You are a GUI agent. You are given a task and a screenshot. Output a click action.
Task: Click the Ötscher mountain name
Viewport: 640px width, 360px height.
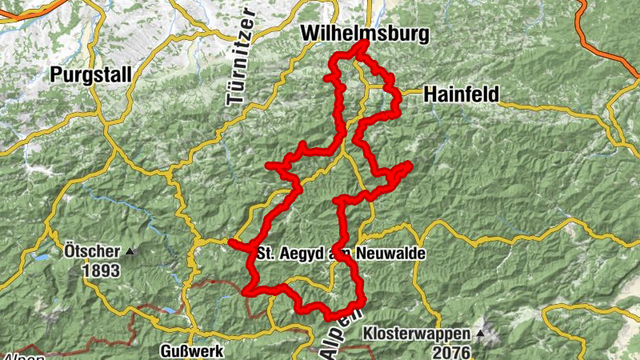click(x=90, y=251)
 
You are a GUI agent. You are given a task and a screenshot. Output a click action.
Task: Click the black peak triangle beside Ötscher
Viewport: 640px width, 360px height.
click(x=130, y=251)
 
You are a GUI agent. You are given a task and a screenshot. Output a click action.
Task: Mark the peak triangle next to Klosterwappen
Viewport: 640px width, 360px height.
click(x=481, y=331)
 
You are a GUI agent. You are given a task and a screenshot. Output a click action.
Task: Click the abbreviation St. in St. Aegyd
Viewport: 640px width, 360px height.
click(x=268, y=253)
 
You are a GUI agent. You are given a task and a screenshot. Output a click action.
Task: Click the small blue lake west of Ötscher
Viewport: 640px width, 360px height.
click(x=39, y=258)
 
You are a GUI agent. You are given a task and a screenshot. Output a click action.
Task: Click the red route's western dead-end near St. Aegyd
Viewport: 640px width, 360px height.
click(x=231, y=242)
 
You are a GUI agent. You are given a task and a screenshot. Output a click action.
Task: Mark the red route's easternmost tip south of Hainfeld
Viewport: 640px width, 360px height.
click(x=409, y=165)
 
